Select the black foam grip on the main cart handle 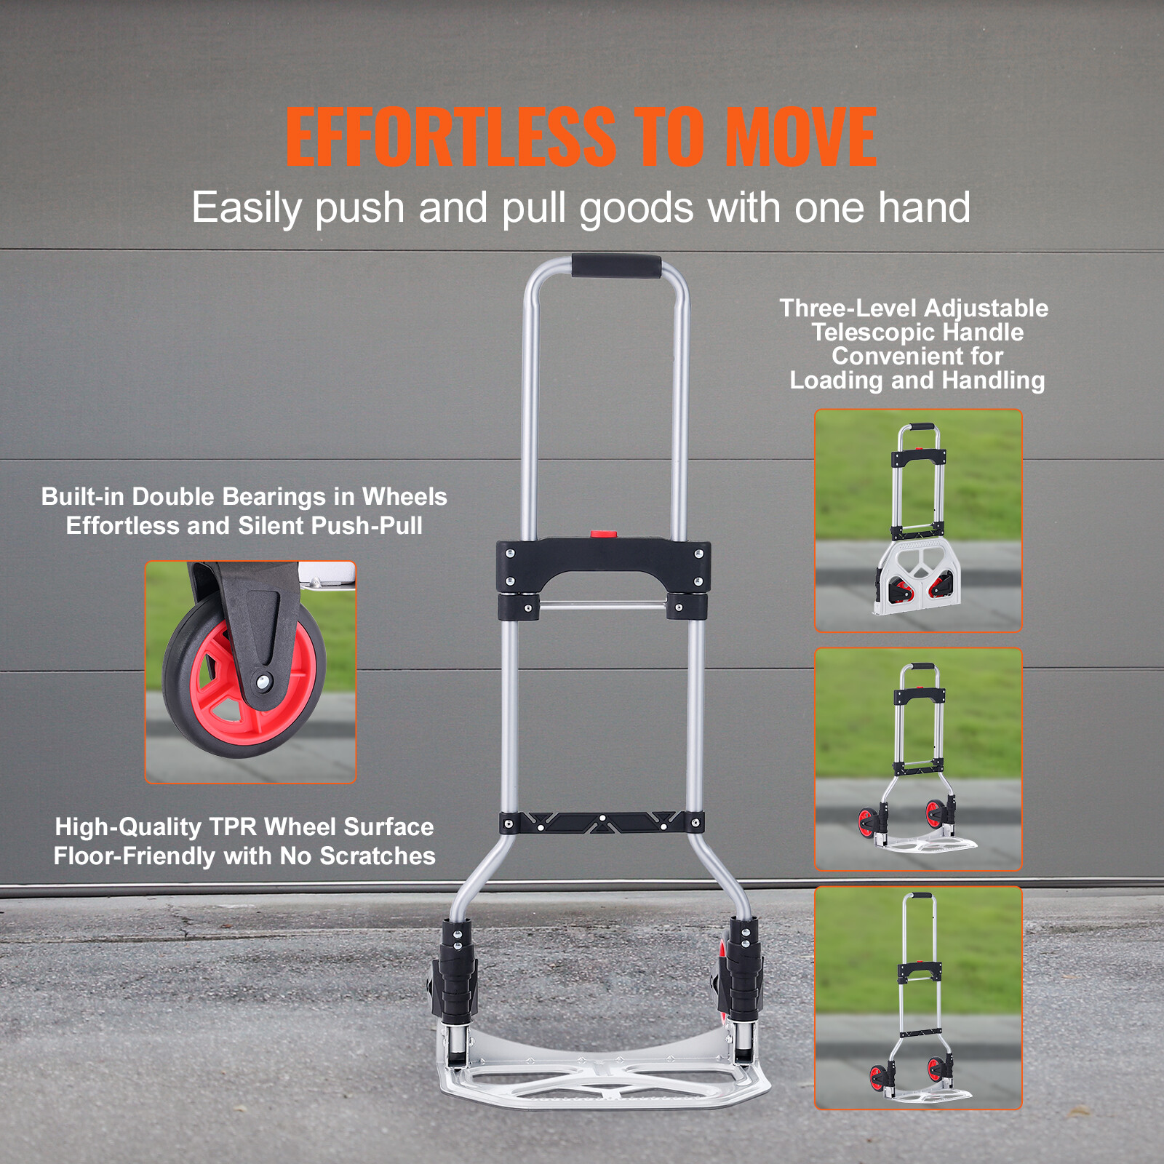coord(616,266)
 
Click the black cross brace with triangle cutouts coord(602,823)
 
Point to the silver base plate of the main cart coord(604,1077)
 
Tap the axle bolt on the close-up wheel coord(263,682)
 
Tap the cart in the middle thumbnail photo coord(918,757)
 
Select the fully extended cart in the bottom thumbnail coord(920,997)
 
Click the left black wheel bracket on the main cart coord(455,971)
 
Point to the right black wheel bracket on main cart coord(742,971)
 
